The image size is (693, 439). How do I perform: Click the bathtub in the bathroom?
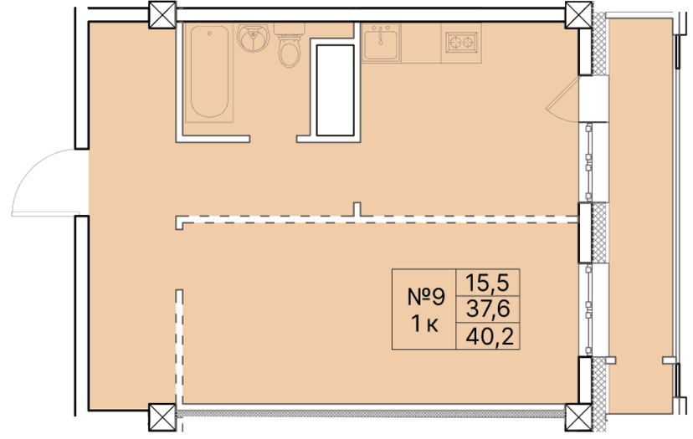(x=208, y=74)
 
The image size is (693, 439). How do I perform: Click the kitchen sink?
(x=382, y=41)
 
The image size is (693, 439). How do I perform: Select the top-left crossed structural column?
(x=160, y=13)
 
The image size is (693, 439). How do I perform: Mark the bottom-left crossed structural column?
(x=160, y=415)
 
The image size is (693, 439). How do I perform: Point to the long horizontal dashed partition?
(x=377, y=220)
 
